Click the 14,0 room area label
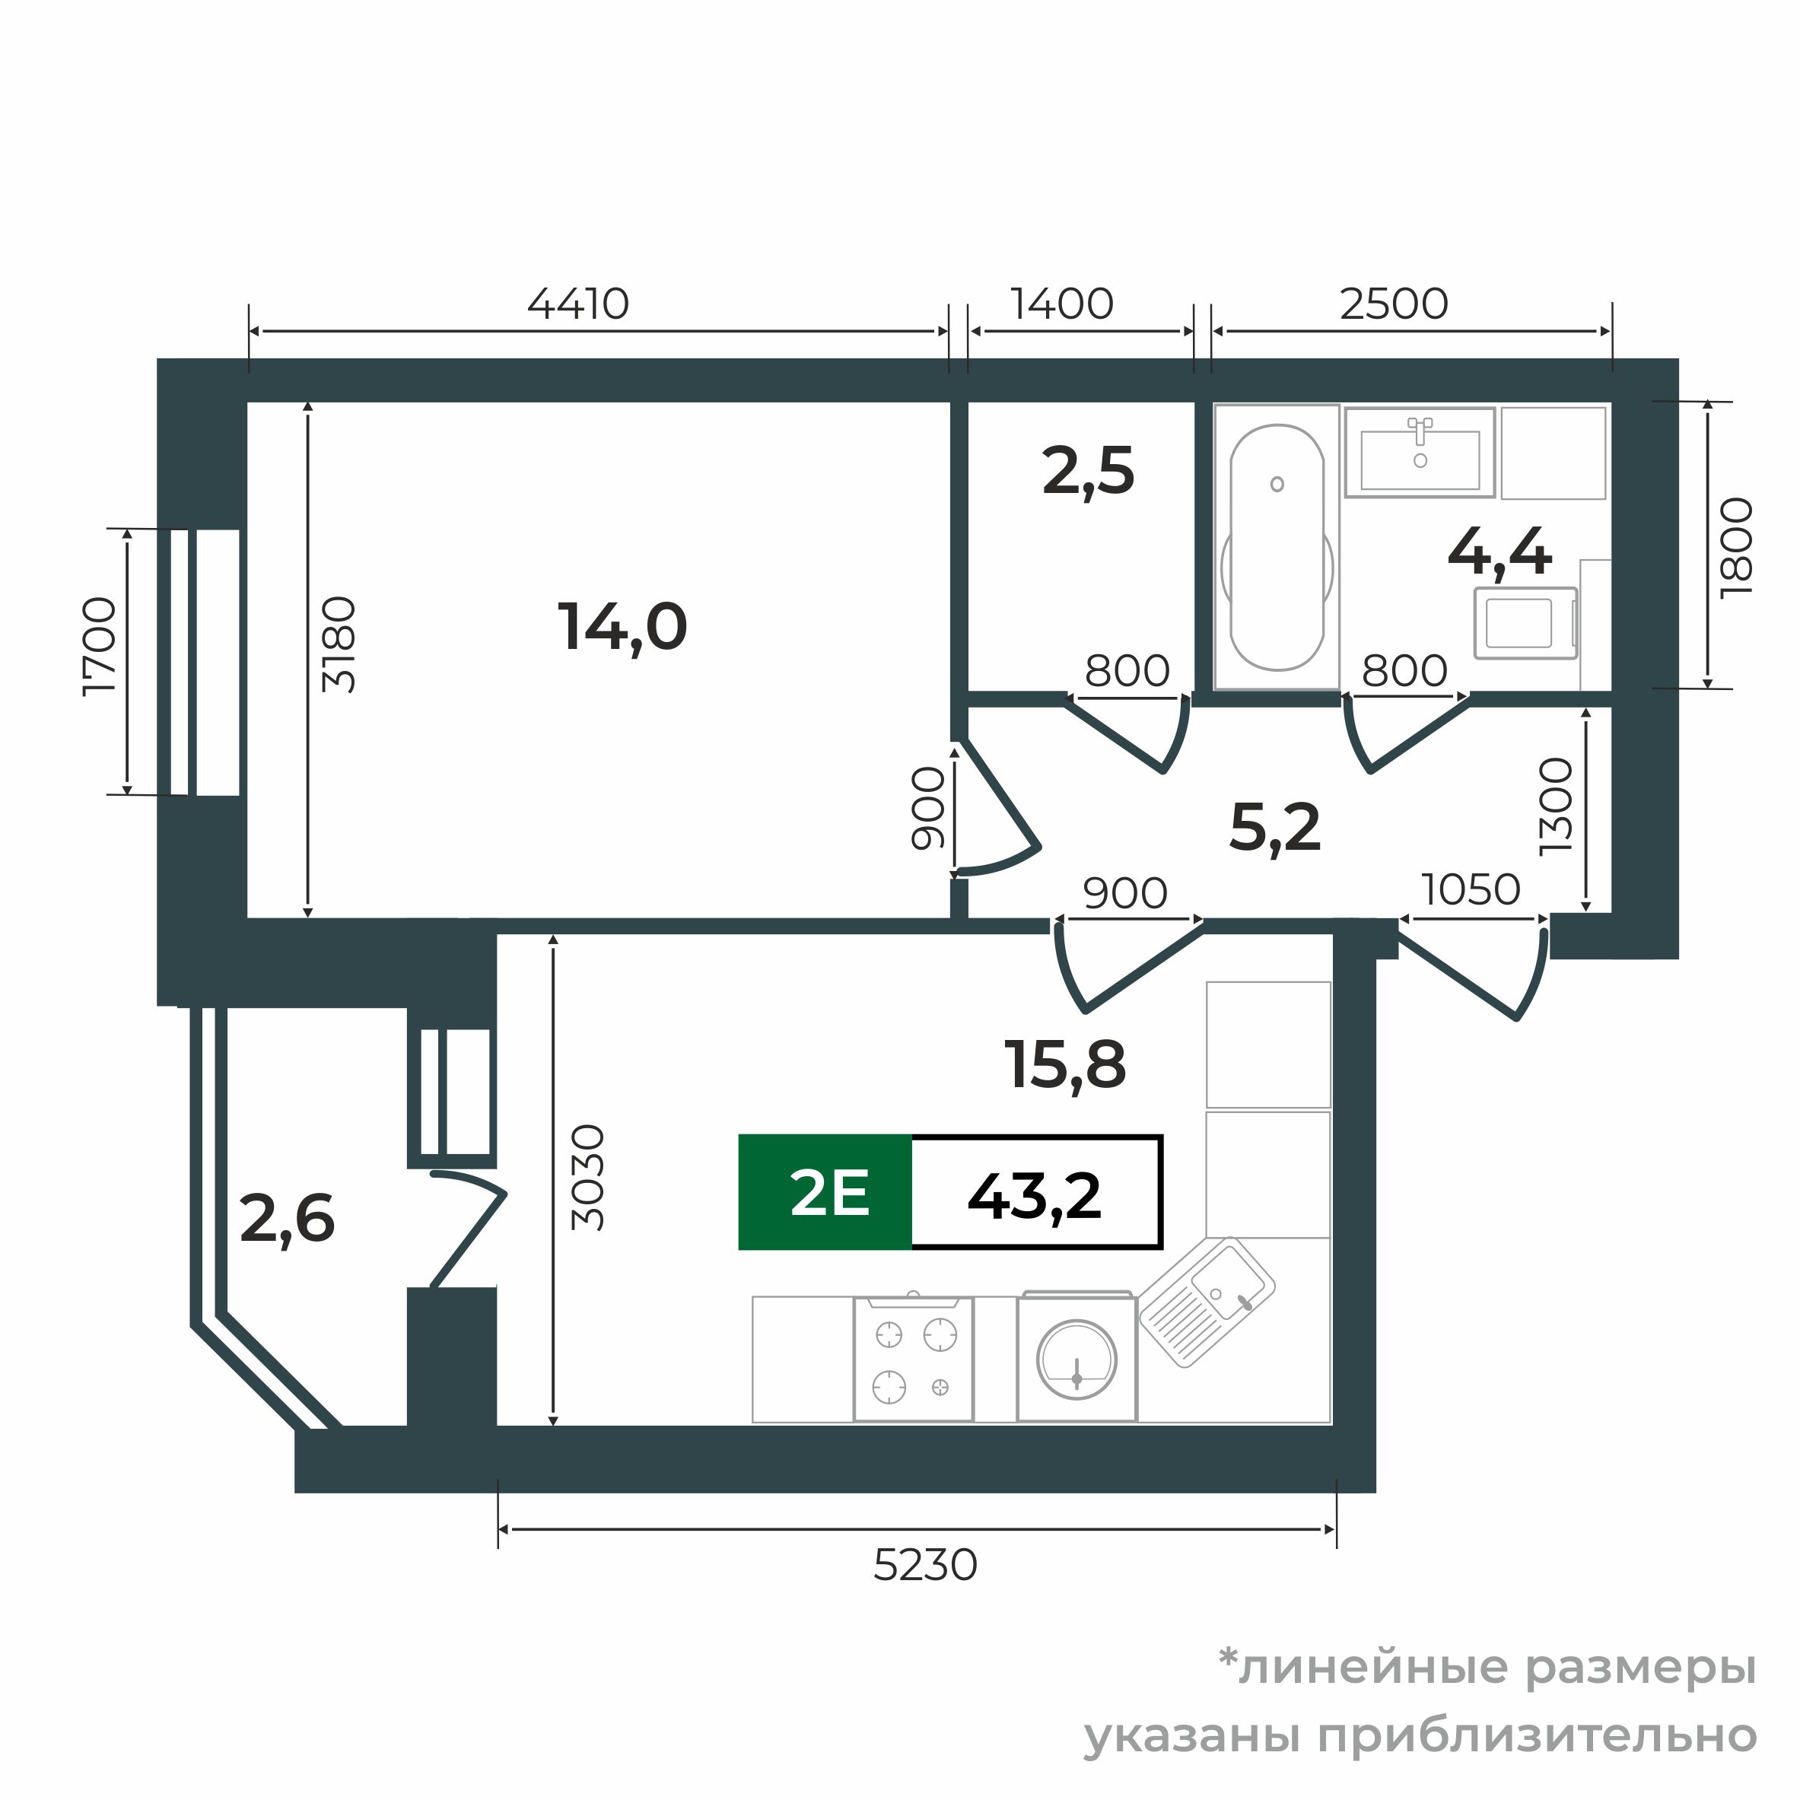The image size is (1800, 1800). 622,627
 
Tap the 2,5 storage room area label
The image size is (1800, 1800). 1087,472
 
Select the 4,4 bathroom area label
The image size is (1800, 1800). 1499,552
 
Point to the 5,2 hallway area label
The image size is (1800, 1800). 1274,827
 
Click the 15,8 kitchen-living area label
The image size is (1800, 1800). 1065,1064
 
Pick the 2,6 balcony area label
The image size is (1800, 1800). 287,1220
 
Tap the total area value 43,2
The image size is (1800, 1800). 1034,1196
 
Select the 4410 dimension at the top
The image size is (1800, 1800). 577,304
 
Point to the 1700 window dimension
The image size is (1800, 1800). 100,646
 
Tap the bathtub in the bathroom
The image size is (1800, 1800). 1277,547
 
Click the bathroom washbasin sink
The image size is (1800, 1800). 1419,456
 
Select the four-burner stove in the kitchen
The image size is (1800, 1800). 913,1360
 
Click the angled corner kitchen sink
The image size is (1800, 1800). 1207,1302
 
